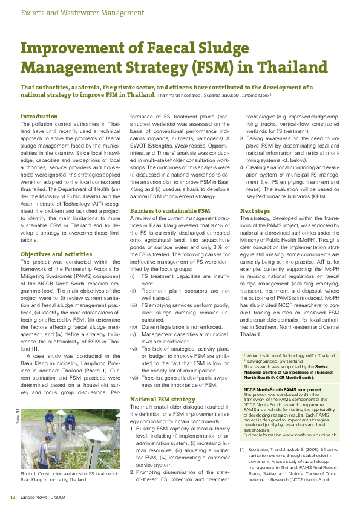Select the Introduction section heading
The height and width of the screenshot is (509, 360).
coord(39,116)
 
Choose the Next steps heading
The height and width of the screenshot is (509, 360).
coord(254,210)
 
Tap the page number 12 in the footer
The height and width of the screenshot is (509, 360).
coord(11,497)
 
